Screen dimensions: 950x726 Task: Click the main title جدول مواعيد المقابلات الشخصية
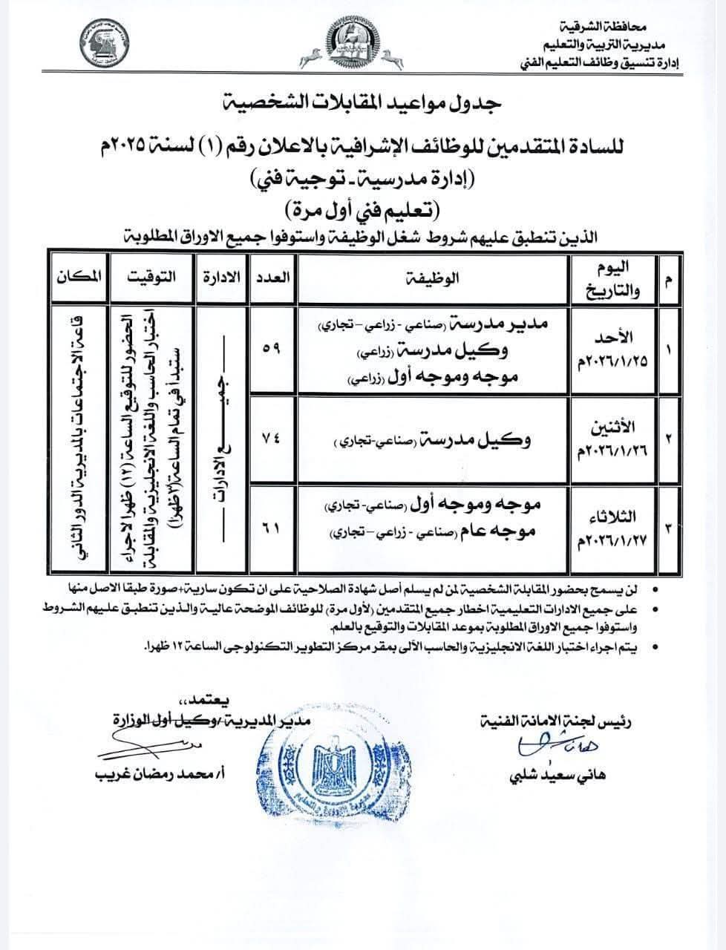tap(362, 102)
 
